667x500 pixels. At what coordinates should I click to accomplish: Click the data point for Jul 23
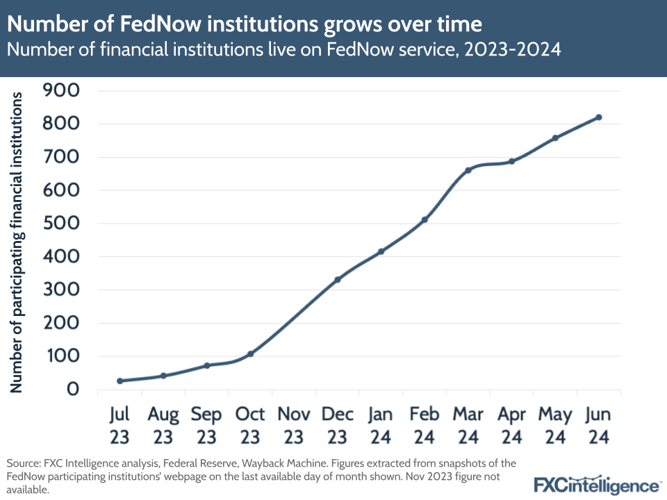[x=120, y=381]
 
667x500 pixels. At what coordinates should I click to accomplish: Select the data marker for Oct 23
[x=250, y=353]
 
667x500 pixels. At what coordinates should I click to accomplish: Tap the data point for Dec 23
[x=338, y=279]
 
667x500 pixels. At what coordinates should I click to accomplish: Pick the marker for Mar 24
[x=468, y=169]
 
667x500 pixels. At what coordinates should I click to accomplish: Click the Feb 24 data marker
[x=425, y=219]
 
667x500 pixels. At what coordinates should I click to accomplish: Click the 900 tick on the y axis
[x=63, y=90]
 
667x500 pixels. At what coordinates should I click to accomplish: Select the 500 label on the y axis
[x=63, y=224]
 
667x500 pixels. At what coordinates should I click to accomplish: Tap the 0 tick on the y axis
[x=72, y=390]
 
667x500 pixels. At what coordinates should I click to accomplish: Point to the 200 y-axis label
[x=63, y=323]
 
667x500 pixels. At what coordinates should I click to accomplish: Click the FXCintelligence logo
[x=596, y=484]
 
